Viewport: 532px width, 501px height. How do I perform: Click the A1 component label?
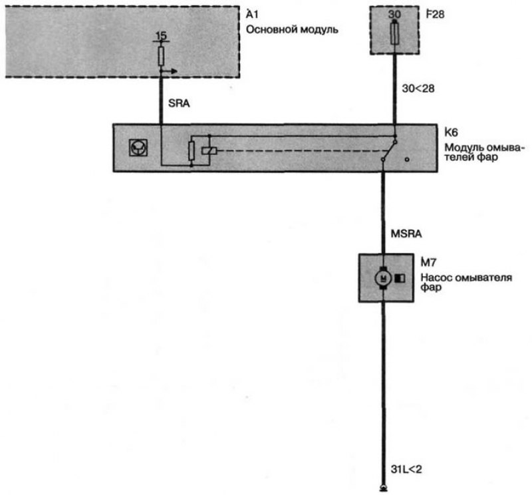[252, 15]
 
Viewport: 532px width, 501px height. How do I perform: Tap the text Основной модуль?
[292, 30]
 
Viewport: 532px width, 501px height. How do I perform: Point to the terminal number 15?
[161, 36]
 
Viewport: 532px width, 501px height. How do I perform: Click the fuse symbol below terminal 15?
[161, 56]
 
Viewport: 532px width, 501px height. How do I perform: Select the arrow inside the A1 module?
[169, 71]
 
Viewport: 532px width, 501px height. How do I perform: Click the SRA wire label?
[179, 103]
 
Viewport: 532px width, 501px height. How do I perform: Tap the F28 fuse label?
[435, 15]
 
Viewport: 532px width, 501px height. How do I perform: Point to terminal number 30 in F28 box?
[394, 14]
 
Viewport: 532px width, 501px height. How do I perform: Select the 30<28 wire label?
[418, 88]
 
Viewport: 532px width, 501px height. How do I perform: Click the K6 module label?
[451, 132]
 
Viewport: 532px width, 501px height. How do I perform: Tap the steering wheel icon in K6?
[138, 148]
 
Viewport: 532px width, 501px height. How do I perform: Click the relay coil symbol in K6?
[209, 151]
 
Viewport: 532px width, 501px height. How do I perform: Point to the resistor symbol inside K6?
[192, 151]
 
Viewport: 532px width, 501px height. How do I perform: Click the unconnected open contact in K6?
[407, 159]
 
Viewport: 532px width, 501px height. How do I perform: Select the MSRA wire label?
[406, 234]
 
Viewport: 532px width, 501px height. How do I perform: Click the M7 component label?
[428, 262]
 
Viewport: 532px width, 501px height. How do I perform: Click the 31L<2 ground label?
[406, 470]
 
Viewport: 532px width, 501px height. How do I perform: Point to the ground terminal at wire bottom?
[384, 488]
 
